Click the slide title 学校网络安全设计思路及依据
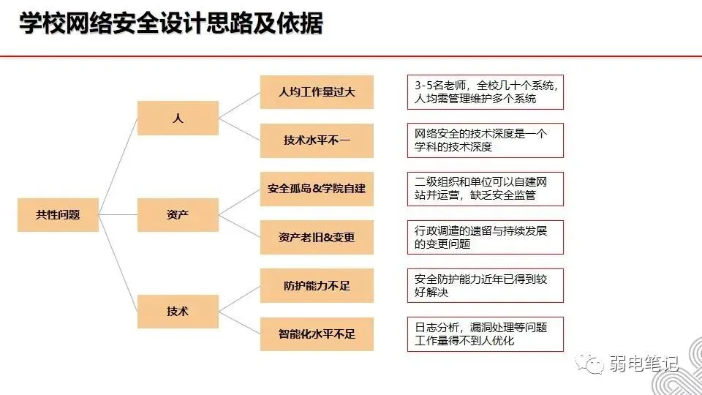tap(170, 24)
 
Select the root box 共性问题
tap(58, 215)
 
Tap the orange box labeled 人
tap(178, 118)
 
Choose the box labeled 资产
tap(178, 215)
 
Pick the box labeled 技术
tap(178, 312)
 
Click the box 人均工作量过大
tap(317, 93)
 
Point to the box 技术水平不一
tap(317, 141)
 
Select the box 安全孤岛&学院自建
tap(317, 189)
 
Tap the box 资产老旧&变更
tap(317, 238)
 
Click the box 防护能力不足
tap(317, 286)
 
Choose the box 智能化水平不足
tap(317, 334)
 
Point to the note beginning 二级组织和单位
tap(485, 189)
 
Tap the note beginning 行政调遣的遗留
tap(485, 237)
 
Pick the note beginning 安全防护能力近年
tap(485, 285)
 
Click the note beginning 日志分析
tap(485, 334)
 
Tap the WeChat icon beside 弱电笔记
tap(589, 363)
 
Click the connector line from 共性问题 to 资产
tap(118, 215)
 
